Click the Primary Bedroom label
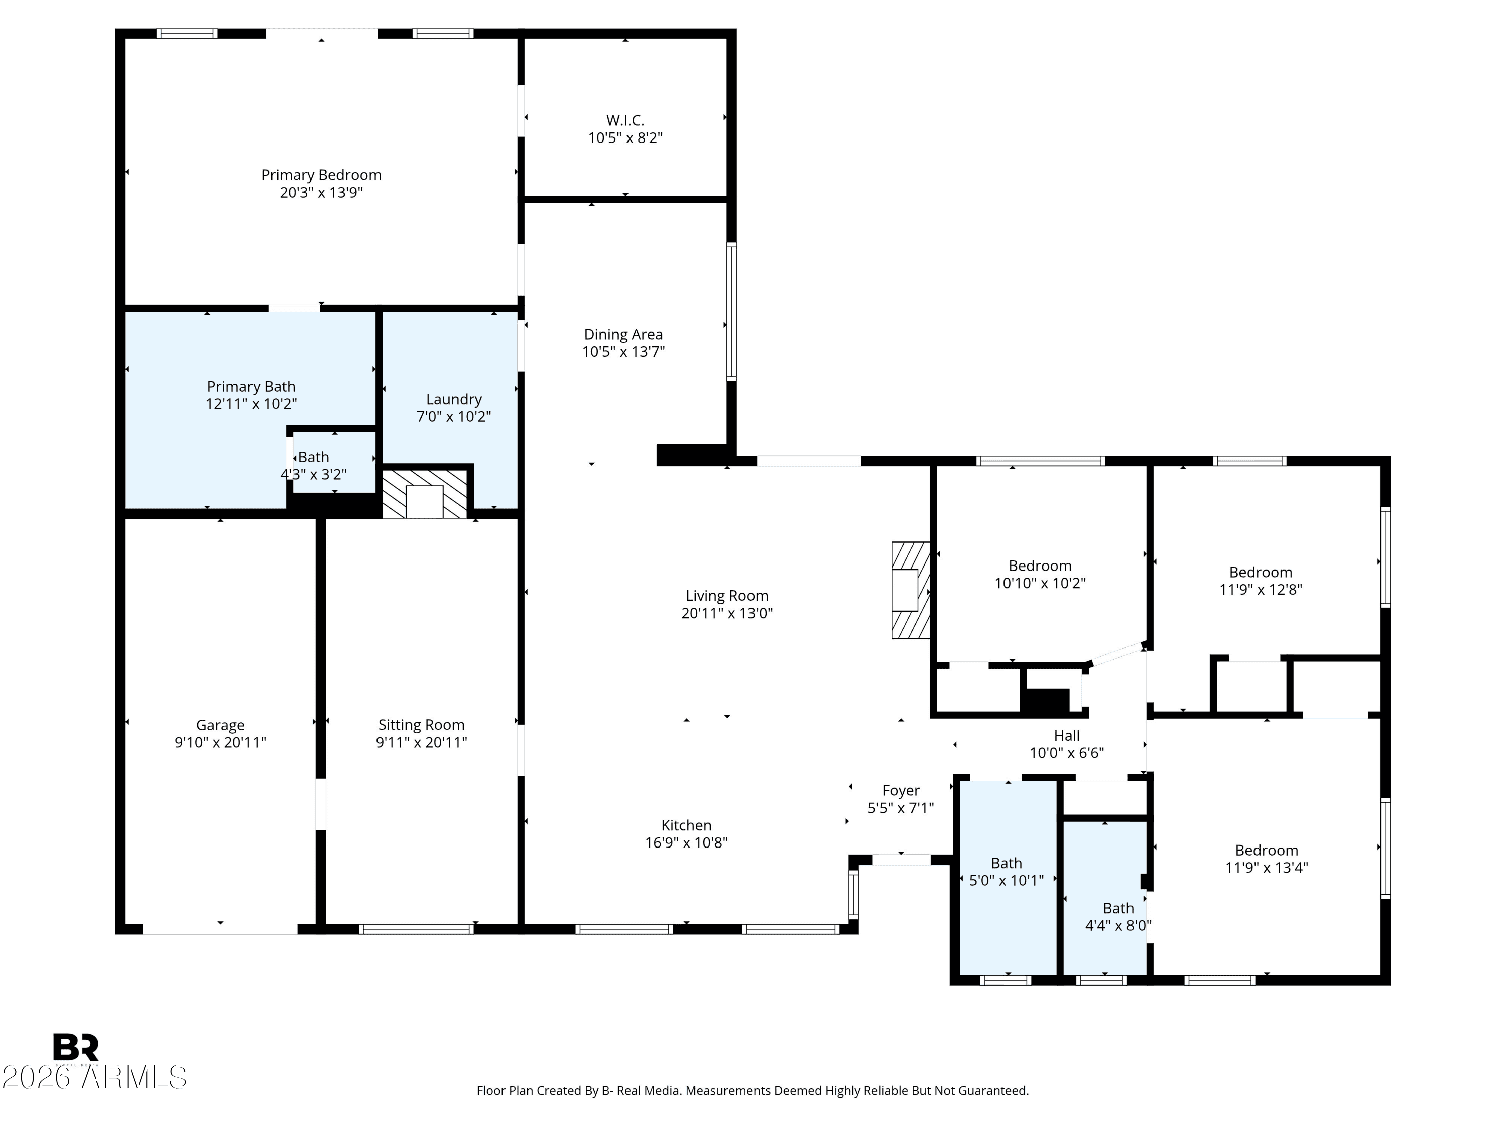(x=321, y=175)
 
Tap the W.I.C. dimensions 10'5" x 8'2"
(x=625, y=138)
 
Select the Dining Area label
(x=623, y=334)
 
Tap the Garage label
(x=220, y=725)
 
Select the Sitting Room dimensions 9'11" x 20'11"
(x=422, y=743)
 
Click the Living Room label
(x=726, y=596)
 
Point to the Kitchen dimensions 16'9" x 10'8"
(x=686, y=842)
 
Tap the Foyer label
(x=900, y=790)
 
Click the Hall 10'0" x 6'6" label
(x=1066, y=743)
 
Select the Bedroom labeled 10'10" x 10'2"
(x=1040, y=574)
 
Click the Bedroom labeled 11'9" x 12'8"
(x=1260, y=581)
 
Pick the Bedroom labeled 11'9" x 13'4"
(x=1267, y=858)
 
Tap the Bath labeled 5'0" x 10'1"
(x=1007, y=871)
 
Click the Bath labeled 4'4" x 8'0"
(x=1118, y=916)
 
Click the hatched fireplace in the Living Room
(x=910, y=590)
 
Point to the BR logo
(x=76, y=1047)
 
